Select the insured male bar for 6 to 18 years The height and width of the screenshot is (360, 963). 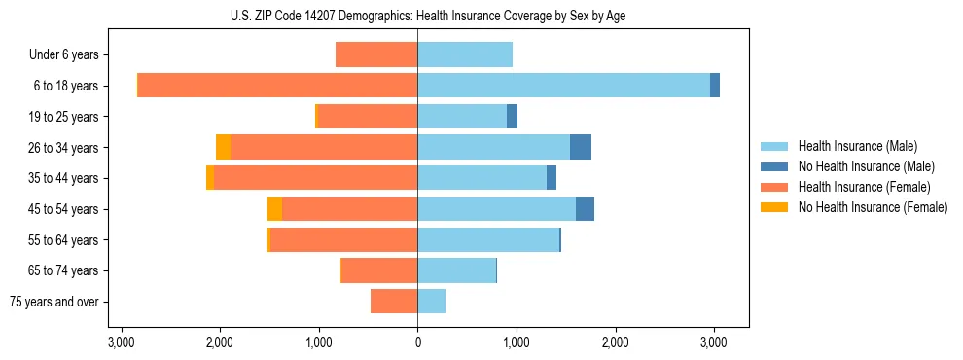564,86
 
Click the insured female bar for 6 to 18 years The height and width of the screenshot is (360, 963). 277,86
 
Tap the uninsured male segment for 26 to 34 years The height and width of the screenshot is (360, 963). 581,147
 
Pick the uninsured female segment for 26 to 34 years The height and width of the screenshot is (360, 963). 223,147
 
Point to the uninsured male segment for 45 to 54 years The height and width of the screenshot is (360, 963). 585,209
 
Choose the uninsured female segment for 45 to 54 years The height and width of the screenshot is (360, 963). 274,209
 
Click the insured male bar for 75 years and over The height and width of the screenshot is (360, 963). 431,302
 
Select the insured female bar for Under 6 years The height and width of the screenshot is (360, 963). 376,54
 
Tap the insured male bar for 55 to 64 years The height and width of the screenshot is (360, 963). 488,239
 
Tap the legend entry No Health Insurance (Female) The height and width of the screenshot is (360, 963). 873,207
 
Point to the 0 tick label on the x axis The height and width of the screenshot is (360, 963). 417,342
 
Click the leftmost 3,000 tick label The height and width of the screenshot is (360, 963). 121,342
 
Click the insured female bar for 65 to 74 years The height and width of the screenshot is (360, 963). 379,270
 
